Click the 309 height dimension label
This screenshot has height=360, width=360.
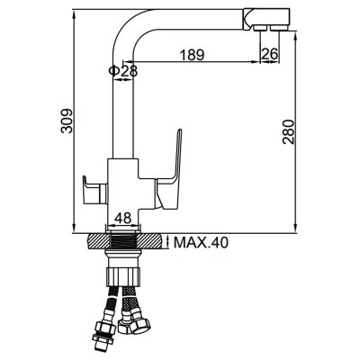tap(67, 121)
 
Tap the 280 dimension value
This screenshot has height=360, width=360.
tap(289, 132)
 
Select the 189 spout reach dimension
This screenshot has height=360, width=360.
tap(192, 55)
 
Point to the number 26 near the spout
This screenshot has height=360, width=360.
tap(270, 54)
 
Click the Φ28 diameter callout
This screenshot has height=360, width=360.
tap(123, 71)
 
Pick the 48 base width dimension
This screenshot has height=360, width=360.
tap(123, 218)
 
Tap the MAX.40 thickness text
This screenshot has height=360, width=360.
tap(201, 242)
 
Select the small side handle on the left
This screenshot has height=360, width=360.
tap(95, 190)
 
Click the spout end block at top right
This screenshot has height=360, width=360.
tap(266, 19)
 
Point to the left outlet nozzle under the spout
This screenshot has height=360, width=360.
tap(260, 28)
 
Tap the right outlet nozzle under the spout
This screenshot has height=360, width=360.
tap(279, 28)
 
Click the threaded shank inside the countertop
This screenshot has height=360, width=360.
tap(123, 241)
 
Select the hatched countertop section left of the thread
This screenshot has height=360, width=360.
tap(99, 241)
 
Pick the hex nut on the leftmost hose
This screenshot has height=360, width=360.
tap(105, 329)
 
